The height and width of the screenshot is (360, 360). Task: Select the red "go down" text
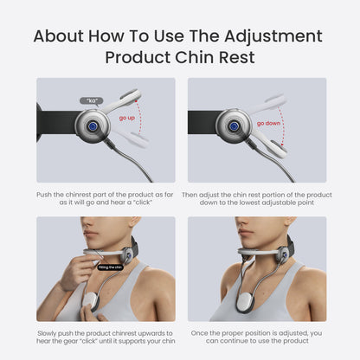click(267, 124)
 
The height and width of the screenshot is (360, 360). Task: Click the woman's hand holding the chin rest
click(76, 270)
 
